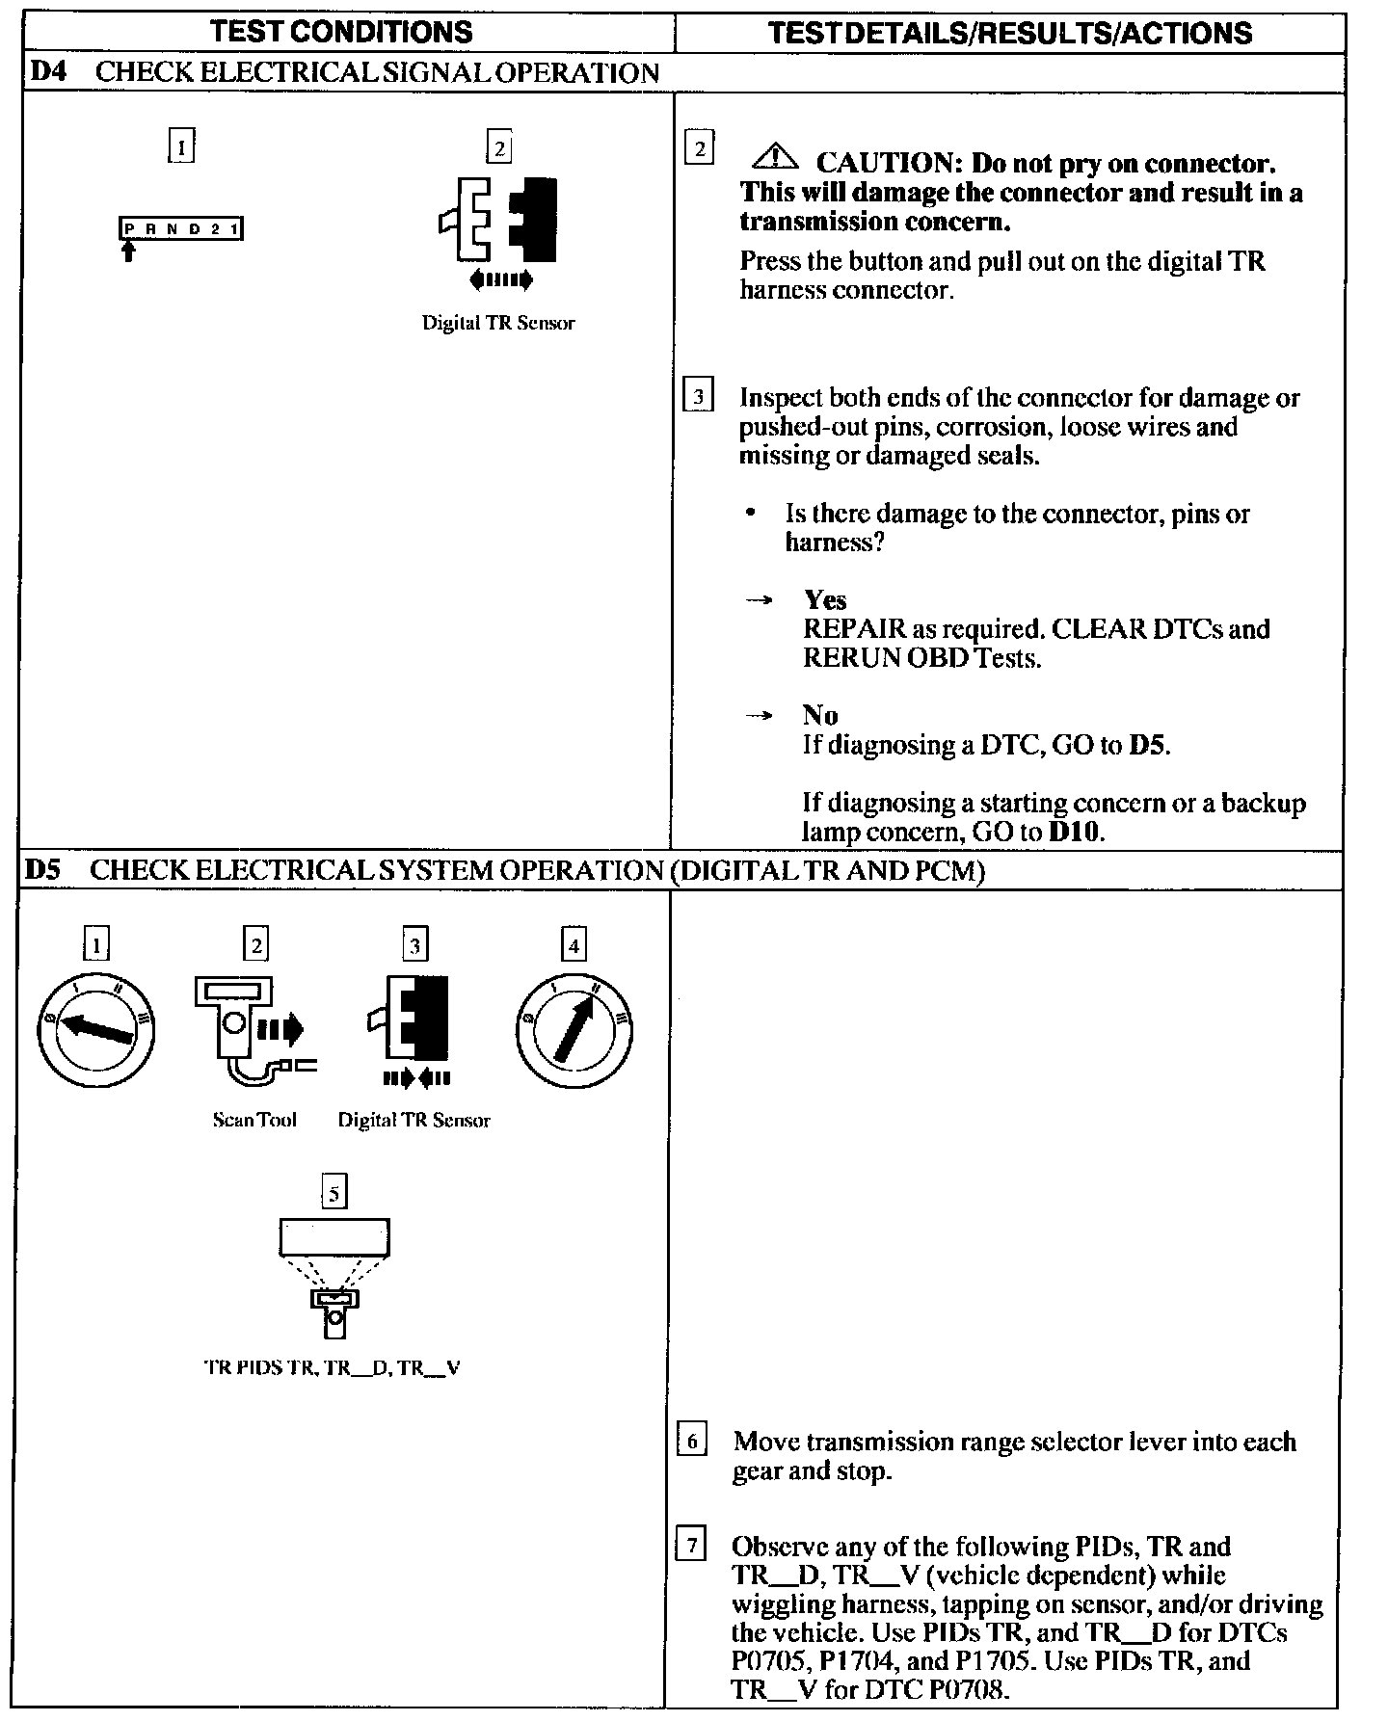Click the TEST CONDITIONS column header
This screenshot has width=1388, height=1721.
[342, 32]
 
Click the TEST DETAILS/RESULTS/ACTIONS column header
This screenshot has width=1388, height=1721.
[1010, 33]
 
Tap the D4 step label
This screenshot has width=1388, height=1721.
[47, 72]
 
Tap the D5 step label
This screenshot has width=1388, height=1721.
[43, 870]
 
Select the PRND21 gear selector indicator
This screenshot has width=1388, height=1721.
[180, 228]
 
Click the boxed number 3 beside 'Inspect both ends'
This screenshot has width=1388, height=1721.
[698, 397]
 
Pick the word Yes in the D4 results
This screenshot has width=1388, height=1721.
[825, 600]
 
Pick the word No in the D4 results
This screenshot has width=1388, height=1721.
[820, 715]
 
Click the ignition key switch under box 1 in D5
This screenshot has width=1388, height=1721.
[95, 1029]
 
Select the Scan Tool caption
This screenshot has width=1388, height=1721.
[254, 1120]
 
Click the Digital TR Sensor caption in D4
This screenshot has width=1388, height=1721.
[497, 323]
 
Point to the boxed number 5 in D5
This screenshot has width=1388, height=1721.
[334, 1193]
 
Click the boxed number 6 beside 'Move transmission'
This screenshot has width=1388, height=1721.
[692, 1442]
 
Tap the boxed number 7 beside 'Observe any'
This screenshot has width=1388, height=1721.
[691, 1547]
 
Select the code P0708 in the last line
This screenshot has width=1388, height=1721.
[967, 1689]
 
